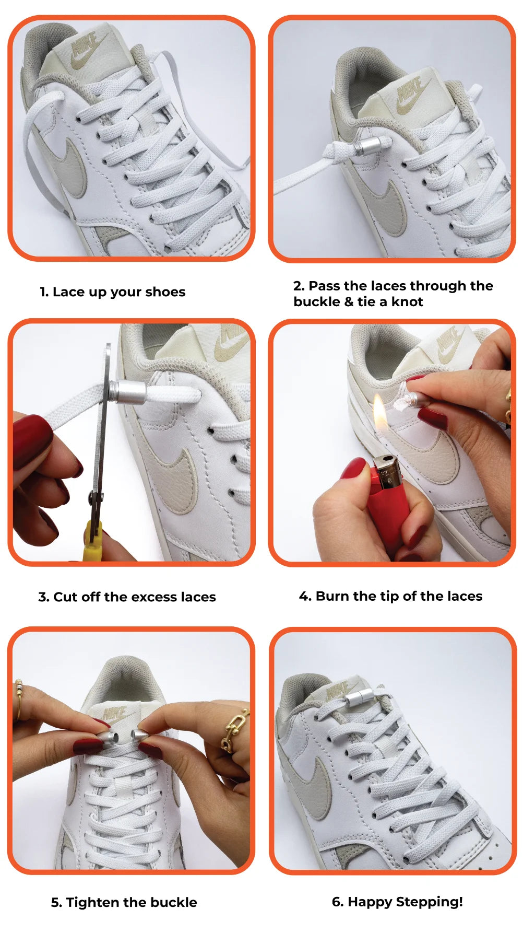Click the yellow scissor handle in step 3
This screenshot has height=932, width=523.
coord(93,540)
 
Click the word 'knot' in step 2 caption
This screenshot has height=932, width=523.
coord(407,301)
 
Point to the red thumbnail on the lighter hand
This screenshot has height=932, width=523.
coord(353,469)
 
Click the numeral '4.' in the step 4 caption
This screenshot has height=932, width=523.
coord(305,596)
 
